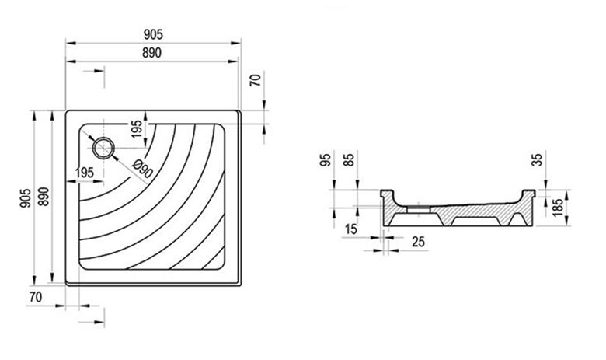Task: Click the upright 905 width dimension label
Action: coord(153,34)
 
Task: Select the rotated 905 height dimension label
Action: coord(26,198)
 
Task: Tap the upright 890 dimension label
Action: coord(151,53)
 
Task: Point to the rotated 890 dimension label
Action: coord(44,196)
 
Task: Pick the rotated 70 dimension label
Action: coord(256,80)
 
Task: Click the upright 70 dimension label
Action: coord(36,297)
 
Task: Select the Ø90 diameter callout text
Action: coord(142,169)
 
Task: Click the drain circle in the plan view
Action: coord(103,148)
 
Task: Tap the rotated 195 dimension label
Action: coord(136,130)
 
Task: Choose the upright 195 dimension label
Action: coord(85,173)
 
